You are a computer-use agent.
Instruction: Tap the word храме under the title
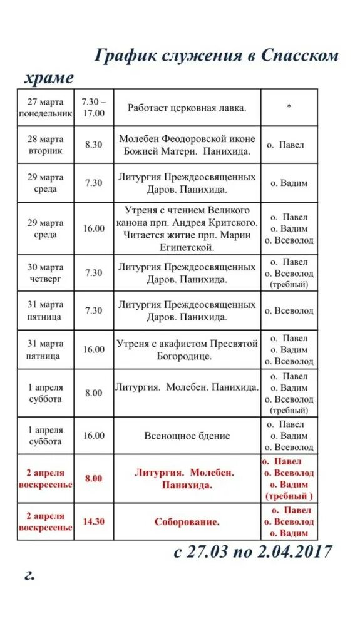point(49,78)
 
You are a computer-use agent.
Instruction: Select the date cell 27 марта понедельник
point(45,107)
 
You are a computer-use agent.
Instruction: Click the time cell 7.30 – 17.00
point(94,107)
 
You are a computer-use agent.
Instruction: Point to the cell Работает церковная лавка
point(187,107)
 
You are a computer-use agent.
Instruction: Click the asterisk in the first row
point(289,107)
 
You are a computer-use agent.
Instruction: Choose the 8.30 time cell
point(94,145)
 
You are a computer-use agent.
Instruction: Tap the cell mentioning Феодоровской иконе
point(187,145)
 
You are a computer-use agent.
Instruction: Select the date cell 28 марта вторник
point(45,145)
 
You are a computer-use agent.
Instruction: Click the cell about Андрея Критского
point(187,228)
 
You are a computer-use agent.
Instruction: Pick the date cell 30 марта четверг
point(45,273)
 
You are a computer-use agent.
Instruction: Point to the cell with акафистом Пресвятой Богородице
point(187,349)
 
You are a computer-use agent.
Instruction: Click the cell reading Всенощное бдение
point(187,436)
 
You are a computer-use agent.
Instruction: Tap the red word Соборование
point(187,521)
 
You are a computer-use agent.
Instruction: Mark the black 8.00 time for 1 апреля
point(94,392)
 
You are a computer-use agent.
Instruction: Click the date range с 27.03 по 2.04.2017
point(253,552)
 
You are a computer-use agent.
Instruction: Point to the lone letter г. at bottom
point(29,575)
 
